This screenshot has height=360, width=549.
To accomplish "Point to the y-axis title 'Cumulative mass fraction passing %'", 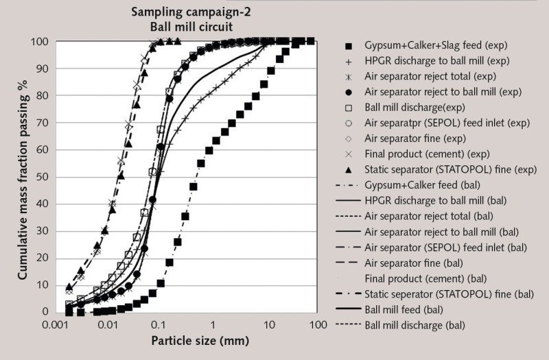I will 23,176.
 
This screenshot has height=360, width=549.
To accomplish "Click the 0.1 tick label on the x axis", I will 157,322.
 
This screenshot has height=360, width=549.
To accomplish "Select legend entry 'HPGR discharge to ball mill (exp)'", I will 439,62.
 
